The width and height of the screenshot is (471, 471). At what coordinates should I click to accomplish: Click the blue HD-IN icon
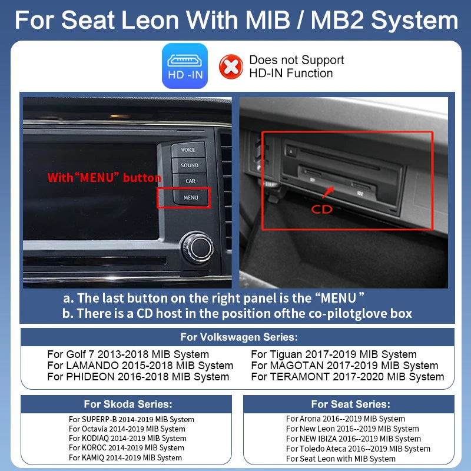185,66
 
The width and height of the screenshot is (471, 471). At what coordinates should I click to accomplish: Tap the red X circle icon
231,67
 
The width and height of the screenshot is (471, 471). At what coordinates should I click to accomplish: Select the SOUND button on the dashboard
189,165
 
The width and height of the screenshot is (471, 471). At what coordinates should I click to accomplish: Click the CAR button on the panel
190,181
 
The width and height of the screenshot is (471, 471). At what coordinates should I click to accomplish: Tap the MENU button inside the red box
190,197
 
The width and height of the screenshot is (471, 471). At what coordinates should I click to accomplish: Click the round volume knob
197,247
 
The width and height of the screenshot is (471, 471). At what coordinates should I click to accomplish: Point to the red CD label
321,210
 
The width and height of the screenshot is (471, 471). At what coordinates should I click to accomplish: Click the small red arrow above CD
328,193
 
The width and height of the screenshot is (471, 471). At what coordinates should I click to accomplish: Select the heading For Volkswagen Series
239,337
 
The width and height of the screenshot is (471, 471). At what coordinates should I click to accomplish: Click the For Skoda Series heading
128,404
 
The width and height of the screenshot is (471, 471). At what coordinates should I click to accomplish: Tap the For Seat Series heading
350,404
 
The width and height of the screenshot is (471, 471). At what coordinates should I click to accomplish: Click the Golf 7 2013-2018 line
128,354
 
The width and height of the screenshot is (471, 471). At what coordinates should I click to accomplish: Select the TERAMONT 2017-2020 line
347,377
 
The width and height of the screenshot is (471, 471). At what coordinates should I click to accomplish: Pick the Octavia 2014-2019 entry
127,429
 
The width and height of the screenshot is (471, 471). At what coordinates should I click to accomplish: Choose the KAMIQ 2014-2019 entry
125,458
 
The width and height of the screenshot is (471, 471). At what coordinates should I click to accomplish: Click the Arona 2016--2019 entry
346,419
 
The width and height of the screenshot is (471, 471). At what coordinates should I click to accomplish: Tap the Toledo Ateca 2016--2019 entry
358,449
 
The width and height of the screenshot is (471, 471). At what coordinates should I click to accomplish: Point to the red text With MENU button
104,178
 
